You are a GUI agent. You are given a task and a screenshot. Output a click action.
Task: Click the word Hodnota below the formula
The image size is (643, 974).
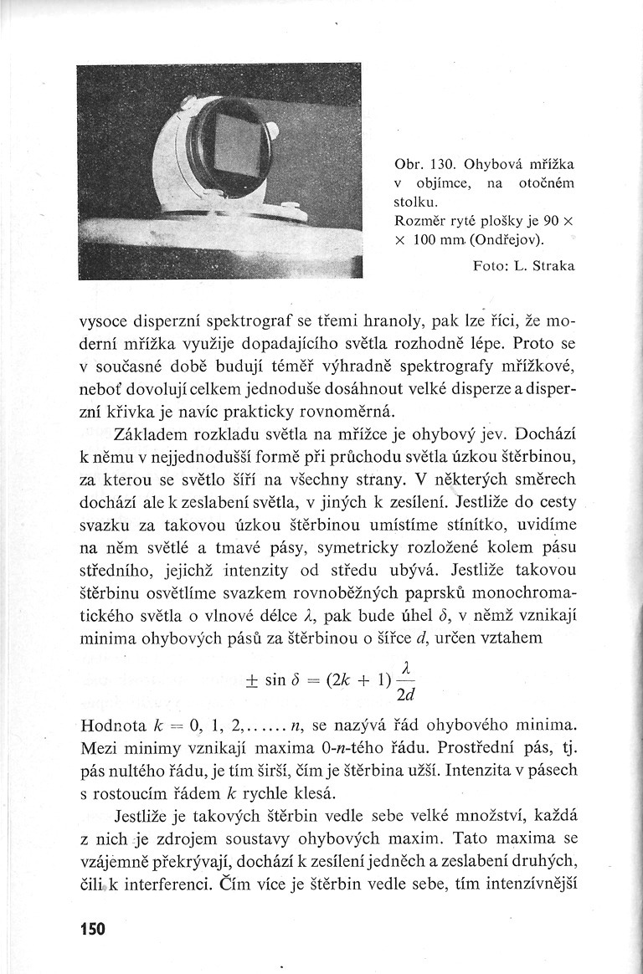pos(113,724)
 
